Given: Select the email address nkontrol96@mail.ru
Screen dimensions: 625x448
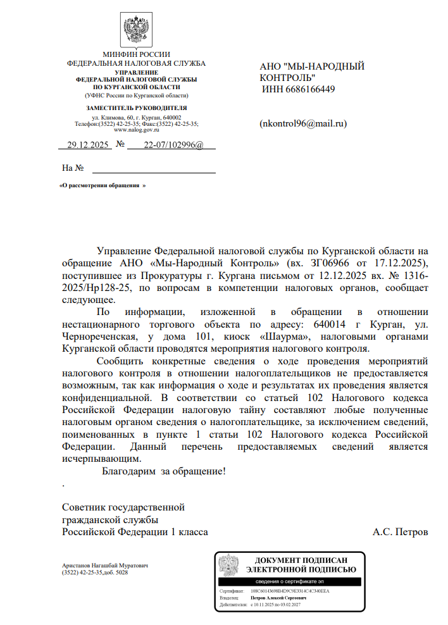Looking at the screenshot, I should pyautogui.click(x=304, y=123).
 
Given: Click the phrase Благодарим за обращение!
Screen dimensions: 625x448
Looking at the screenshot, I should pyautogui.click(x=164, y=471).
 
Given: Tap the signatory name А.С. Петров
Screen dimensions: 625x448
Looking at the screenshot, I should pyautogui.click(x=401, y=532).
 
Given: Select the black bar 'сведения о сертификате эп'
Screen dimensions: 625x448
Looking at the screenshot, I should pyautogui.click(x=289, y=581).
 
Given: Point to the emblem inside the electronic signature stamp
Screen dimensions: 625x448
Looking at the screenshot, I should pyautogui.click(x=228, y=564).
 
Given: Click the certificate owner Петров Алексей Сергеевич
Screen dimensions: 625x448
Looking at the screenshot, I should pyautogui.click(x=278, y=597).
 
